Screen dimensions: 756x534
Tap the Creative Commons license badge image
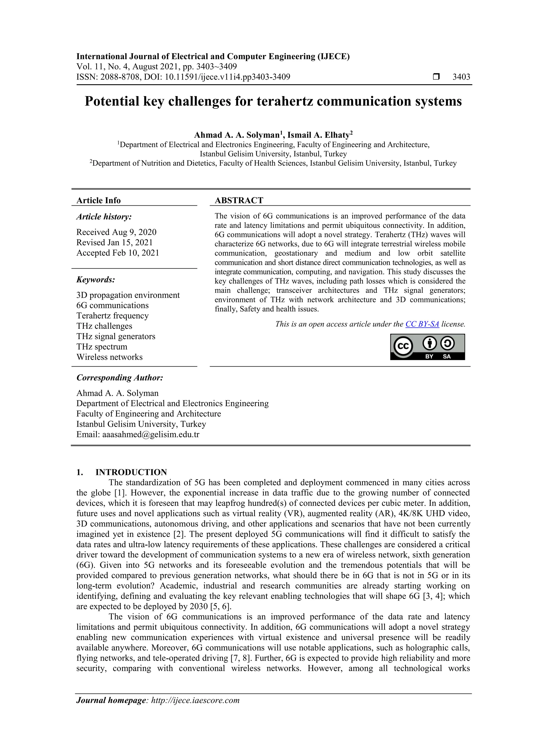click(427, 347)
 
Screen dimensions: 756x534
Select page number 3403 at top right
click(461, 77)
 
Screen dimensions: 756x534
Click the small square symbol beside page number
click(436, 77)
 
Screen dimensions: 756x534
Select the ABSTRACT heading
click(239, 200)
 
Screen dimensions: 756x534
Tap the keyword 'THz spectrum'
click(102, 347)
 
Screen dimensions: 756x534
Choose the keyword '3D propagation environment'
click(128, 295)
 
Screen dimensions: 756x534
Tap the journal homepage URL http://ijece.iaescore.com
click(195, 700)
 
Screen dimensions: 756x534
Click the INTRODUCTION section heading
click(131, 472)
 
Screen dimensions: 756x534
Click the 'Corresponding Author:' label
click(120, 378)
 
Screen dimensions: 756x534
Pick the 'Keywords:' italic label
click(96, 279)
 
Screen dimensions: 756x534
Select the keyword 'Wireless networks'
click(109, 357)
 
